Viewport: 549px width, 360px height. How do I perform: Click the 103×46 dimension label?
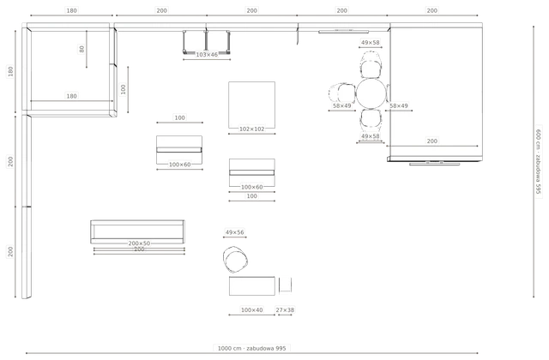[207, 55]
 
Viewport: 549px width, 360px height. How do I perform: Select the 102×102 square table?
[251, 105]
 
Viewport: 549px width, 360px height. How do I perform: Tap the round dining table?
[371, 93]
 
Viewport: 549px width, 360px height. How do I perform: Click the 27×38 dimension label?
[285, 309]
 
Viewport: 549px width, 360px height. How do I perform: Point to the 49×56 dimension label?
[234, 232]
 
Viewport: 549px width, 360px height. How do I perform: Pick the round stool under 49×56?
[235, 259]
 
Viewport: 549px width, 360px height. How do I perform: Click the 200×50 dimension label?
[139, 243]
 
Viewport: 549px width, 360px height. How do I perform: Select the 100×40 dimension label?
[251, 309]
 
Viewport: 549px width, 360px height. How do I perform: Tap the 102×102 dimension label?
[251, 129]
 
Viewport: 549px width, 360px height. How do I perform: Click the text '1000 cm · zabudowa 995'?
[251, 348]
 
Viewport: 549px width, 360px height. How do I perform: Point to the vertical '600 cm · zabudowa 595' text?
[539, 161]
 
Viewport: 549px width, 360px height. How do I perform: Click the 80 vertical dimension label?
[81, 49]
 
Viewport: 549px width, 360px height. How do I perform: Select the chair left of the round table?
[342, 93]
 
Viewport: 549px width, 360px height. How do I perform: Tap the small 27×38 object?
[286, 285]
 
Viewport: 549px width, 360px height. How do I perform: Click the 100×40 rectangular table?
[252, 285]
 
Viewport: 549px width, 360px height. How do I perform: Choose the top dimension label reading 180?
[71, 10]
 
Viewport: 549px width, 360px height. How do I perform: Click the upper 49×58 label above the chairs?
[370, 42]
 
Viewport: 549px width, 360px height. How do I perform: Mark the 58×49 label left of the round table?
[341, 105]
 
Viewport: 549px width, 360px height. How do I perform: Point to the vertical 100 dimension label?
[123, 89]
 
